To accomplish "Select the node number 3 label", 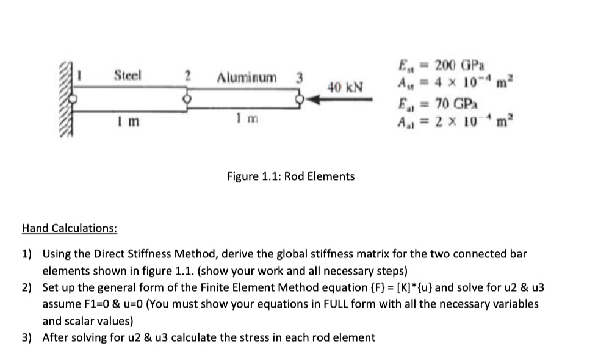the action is pos(298,77).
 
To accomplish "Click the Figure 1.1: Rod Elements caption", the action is pos(290,176).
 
